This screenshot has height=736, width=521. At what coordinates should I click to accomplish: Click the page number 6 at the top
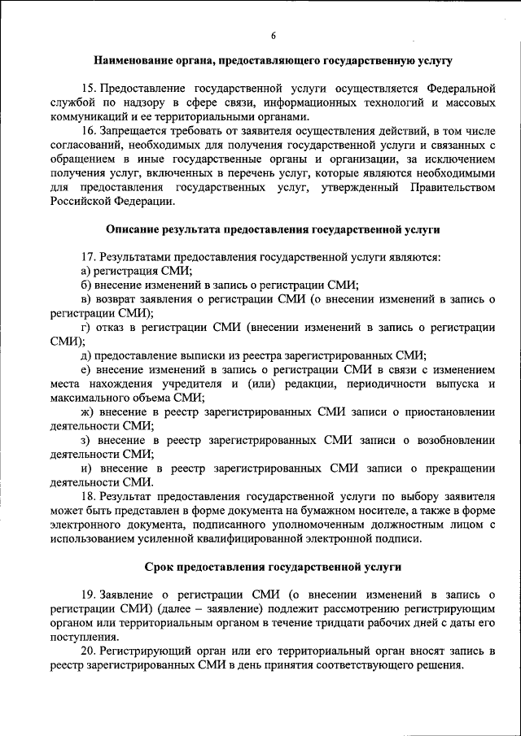(x=274, y=37)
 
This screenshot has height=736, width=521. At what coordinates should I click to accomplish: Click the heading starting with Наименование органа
(x=273, y=60)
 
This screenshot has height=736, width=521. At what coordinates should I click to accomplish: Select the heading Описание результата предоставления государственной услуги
(x=273, y=231)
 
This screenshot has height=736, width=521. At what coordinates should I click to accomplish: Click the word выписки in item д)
(x=208, y=355)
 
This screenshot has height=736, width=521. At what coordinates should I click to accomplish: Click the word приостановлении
(x=448, y=412)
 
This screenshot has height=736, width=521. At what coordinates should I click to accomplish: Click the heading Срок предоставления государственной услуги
(x=273, y=566)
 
